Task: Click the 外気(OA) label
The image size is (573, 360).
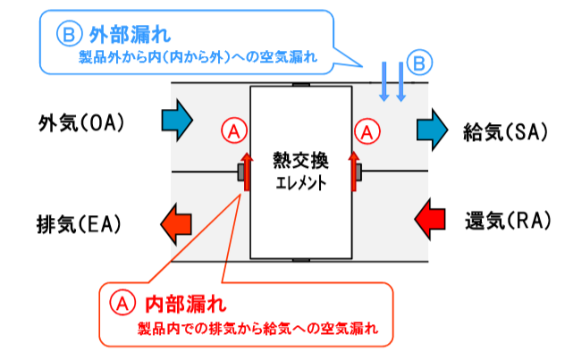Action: coord(81,122)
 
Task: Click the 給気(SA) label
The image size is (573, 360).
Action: coord(504,132)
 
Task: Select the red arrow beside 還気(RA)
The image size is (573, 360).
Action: coord(434,217)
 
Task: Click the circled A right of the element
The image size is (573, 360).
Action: coord(367,130)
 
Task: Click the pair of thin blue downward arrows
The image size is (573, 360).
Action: coord(391,81)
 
